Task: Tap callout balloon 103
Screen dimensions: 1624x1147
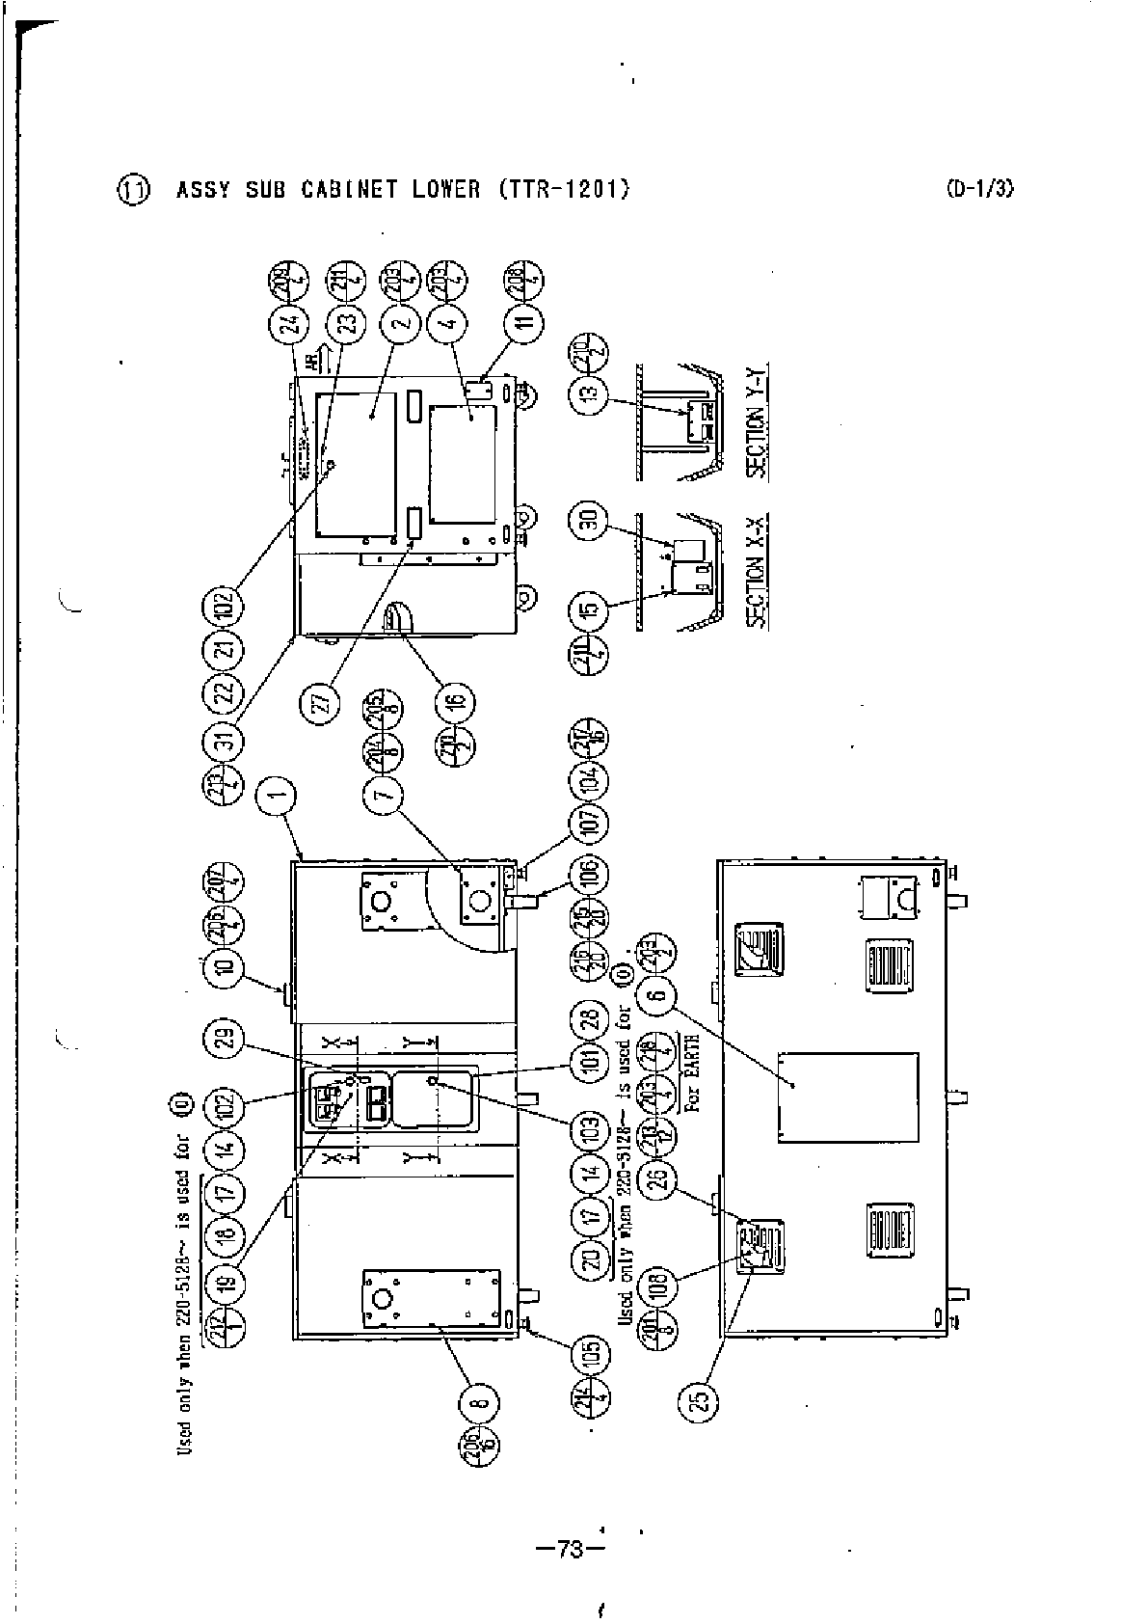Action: (590, 1124)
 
